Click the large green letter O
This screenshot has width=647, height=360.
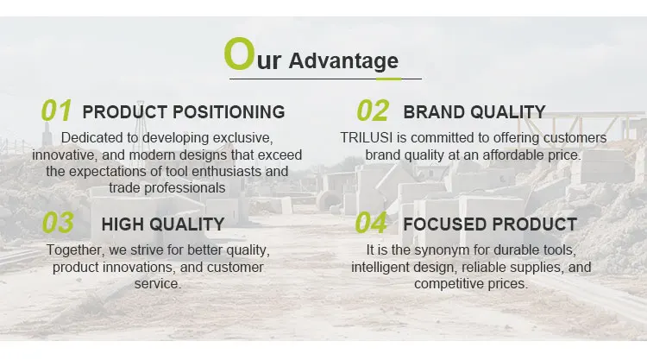pos(239,54)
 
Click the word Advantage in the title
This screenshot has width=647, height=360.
pos(343,61)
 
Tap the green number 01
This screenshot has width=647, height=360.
pos(57,111)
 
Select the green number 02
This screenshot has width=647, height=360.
pos(373,111)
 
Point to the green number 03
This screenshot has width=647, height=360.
pos(58,223)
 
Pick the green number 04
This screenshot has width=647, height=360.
pos(371,223)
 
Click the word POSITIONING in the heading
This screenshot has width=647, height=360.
pos(229,112)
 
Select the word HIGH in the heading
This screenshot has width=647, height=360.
pos(122,224)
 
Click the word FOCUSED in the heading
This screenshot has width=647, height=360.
pos(445,224)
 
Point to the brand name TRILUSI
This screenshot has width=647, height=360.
pos(367,137)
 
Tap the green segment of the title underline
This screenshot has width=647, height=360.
pos(388,79)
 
